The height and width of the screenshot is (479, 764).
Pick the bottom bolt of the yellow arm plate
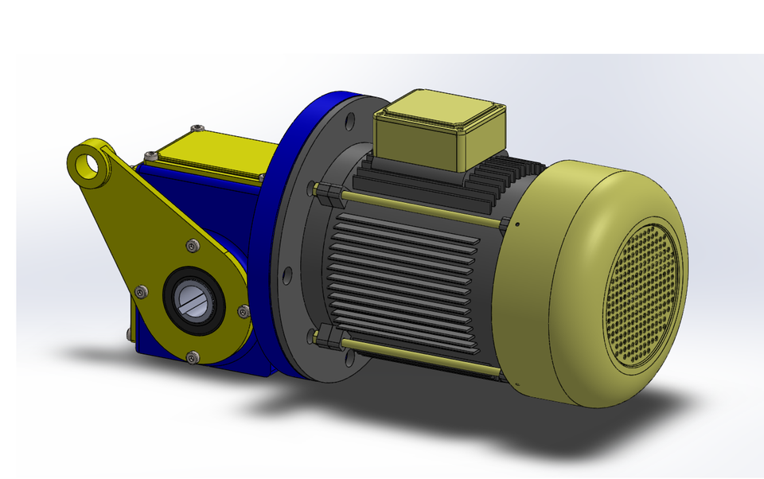191,356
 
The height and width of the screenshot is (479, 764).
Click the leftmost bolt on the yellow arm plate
141,293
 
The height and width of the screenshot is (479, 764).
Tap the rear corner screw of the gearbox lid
197,127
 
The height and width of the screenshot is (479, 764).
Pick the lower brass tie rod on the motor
414,356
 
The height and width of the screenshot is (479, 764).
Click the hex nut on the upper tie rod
320,190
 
